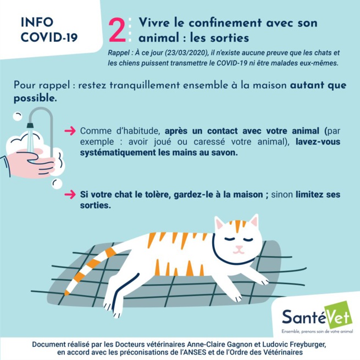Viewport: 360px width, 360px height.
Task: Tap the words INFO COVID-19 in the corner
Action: click(49, 30)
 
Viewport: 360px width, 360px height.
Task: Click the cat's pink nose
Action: click(238, 248)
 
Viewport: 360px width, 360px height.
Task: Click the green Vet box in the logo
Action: click(337, 317)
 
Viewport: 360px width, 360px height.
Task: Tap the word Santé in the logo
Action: click(302, 317)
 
